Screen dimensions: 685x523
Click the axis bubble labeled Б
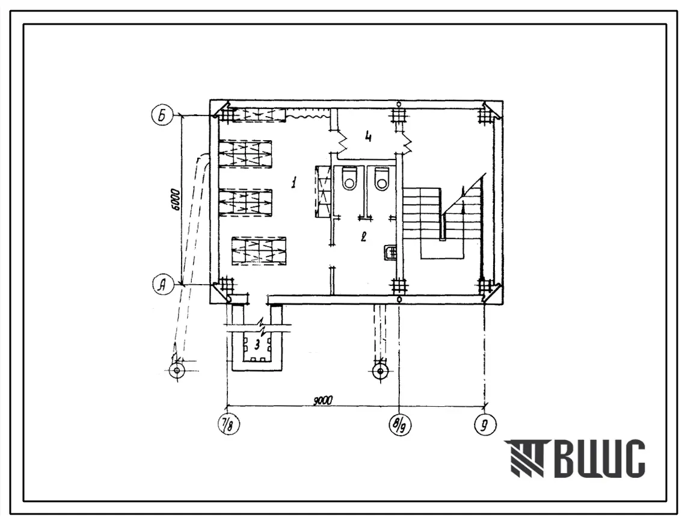[162, 116]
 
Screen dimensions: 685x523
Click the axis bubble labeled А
[162, 285]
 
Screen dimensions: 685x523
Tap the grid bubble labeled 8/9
[399, 425]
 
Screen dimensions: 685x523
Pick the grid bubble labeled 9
[485, 425]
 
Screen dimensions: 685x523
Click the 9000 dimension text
[324, 400]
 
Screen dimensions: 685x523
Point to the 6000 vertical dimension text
[176, 200]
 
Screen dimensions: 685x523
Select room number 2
[363, 237]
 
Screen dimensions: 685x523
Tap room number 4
[368, 137]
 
